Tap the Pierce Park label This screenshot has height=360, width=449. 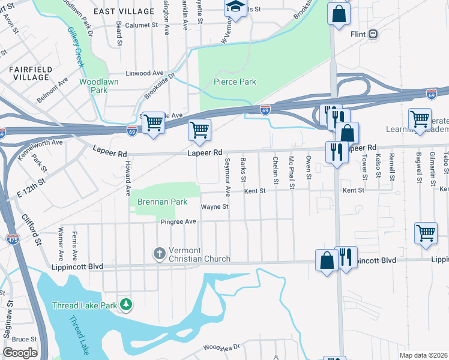(235, 82)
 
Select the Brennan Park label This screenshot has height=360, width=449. (162, 202)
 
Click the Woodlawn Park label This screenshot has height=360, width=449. (99, 85)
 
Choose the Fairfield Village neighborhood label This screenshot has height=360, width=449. (28, 73)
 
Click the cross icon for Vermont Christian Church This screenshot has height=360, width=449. (159, 253)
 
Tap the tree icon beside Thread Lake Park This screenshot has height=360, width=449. (125, 305)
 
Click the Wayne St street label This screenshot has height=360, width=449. (214, 206)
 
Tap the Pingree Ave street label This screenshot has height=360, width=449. (178, 221)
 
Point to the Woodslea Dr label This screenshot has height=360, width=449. (221, 347)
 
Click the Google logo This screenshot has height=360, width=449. (20, 353)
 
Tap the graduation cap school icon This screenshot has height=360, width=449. (235, 7)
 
